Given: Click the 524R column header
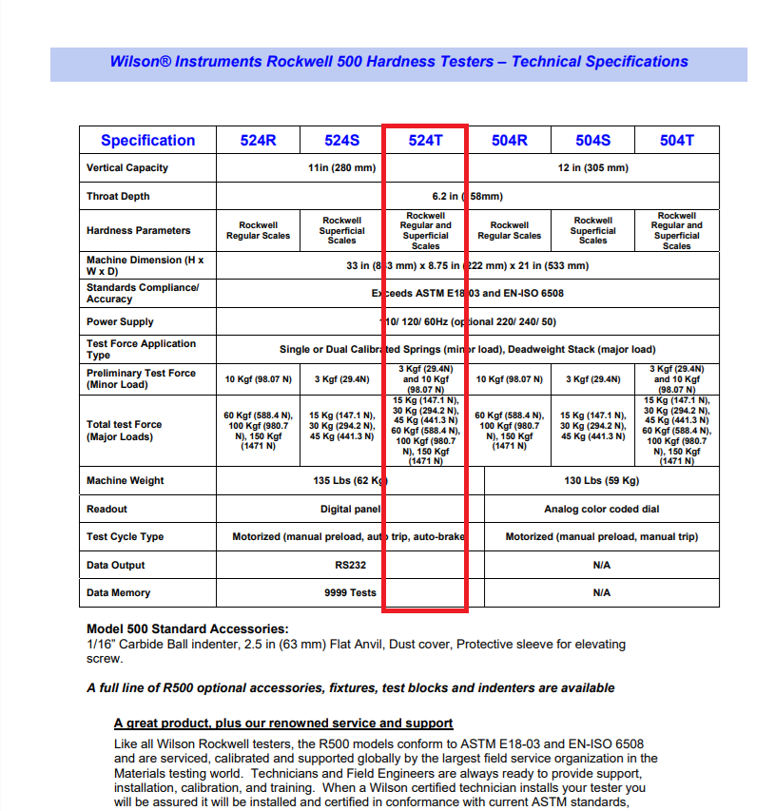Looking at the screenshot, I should tap(258, 141).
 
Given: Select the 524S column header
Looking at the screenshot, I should tap(341, 141).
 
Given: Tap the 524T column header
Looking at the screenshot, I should tap(425, 141).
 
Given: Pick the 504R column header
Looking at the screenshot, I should tap(509, 141).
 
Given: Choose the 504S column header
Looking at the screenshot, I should tap(592, 141).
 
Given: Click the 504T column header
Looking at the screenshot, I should tap(676, 141).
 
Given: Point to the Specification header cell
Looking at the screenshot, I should tap(147, 141).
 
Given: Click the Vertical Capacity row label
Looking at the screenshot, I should tap(127, 168).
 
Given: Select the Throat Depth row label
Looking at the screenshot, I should tap(118, 197).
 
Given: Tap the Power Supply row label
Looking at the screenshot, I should tap(120, 322).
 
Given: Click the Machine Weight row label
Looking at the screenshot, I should tap(125, 481).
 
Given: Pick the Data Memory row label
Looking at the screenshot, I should tap(118, 593).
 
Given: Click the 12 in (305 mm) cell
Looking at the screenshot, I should tap(592, 168).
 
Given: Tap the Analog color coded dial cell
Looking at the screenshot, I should tap(601, 510).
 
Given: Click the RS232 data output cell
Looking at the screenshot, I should tap(350, 565).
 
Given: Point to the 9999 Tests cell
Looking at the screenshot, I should tap(350, 593).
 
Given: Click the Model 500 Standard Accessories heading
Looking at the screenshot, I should tap(187, 629).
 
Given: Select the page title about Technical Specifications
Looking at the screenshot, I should tap(398, 62).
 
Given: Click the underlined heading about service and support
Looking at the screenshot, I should tap(283, 724).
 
